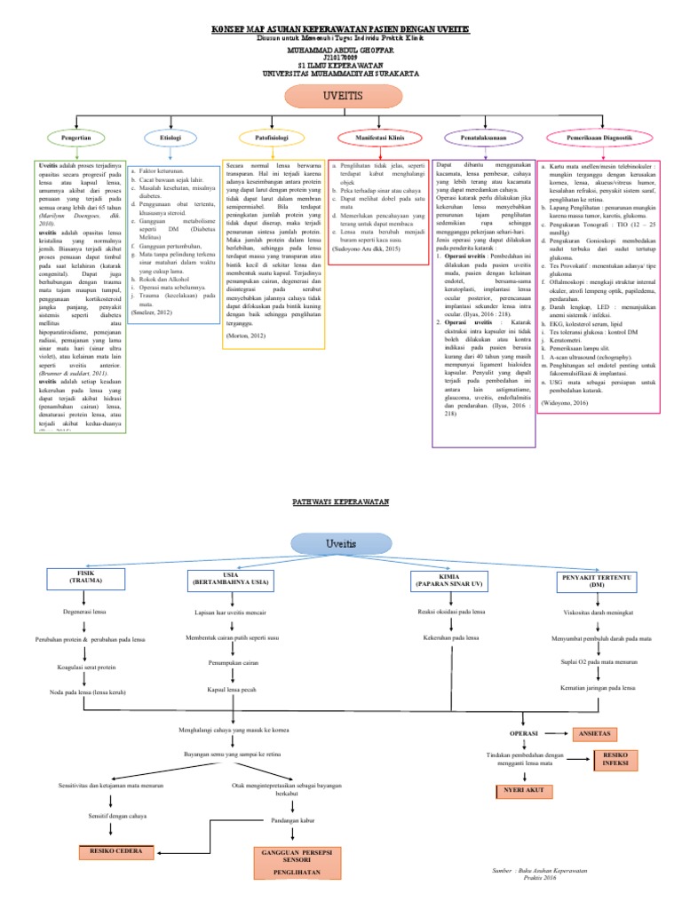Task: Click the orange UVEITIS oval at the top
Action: click(341, 94)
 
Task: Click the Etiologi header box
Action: click(170, 138)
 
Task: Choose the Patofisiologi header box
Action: click(271, 138)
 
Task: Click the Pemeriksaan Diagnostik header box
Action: click(601, 138)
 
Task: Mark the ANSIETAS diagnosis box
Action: click(594, 734)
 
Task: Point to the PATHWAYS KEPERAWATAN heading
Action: click(342, 502)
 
